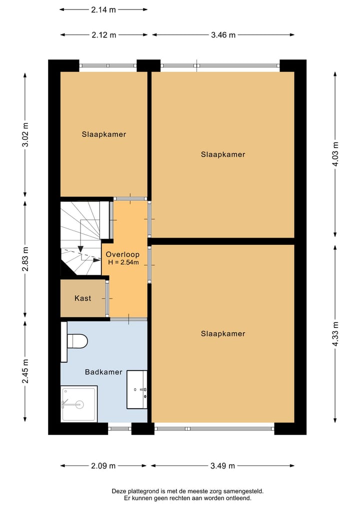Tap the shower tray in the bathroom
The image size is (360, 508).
click(x=79, y=404)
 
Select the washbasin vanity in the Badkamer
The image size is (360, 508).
click(x=137, y=390)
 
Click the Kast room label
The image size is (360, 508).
click(x=82, y=298)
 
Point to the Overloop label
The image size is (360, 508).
click(x=122, y=254)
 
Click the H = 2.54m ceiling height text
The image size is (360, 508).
click(x=123, y=262)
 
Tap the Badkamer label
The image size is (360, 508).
click(x=103, y=372)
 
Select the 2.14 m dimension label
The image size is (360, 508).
click(x=103, y=9)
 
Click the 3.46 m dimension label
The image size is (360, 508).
click(x=223, y=35)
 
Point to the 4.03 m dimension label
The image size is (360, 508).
click(x=335, y=154)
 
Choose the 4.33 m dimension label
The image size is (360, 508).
click(x=335, y=334)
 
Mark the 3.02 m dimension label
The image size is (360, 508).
click(x=25, y=135)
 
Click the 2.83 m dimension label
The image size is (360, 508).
click(x=25, y=259)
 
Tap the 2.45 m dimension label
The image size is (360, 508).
click(x=25, y=371)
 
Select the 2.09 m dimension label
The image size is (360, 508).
click(x=103, y=466)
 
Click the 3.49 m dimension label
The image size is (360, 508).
click(x=222, y=466)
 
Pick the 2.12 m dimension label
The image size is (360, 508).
click(x=104, y=35)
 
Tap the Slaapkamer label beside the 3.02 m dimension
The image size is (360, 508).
click(x=104, y=134)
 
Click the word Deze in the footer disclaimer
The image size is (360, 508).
click(x=118, y=492)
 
